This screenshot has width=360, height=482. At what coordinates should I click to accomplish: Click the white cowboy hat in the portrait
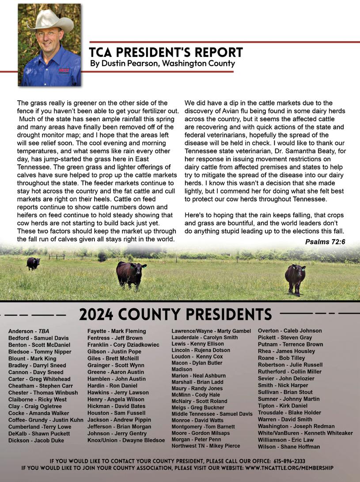click(x=49, y=20)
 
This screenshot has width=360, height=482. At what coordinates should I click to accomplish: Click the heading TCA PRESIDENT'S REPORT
click(x=166, y=52)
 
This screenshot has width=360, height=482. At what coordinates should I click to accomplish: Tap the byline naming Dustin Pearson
click(x=162, y=64)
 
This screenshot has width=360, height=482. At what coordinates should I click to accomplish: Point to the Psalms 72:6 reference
click(x=325, y=242)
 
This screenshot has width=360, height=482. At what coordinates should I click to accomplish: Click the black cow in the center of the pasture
click(x=131, y=273)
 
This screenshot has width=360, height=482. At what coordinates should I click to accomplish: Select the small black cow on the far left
click(x=33, y=263)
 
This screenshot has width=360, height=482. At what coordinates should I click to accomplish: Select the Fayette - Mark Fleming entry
click(x=117, y=331)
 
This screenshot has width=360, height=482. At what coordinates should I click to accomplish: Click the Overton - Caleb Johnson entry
click(x=290, y=330)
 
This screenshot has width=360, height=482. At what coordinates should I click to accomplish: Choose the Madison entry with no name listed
click(x=182, y=369)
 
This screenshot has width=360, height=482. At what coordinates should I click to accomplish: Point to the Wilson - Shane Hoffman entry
click(x=289, y=447)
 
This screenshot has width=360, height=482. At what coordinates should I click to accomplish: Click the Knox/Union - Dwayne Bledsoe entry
click(x=126, y=440)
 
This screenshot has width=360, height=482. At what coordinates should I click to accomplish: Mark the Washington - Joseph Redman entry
click(x=296, y=426)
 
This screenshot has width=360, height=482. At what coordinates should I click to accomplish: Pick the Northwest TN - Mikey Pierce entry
click(x=206, y=446)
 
